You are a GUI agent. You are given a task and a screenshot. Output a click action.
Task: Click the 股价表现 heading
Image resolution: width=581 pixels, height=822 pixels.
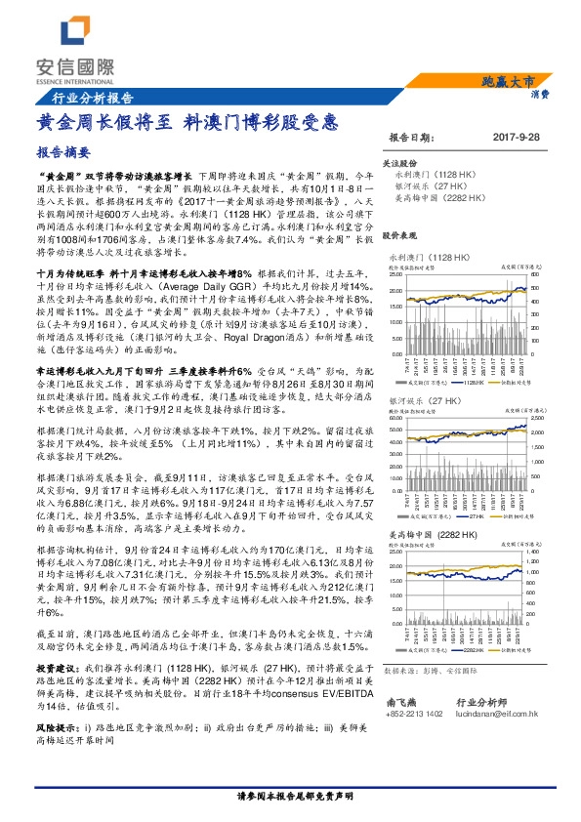399,236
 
